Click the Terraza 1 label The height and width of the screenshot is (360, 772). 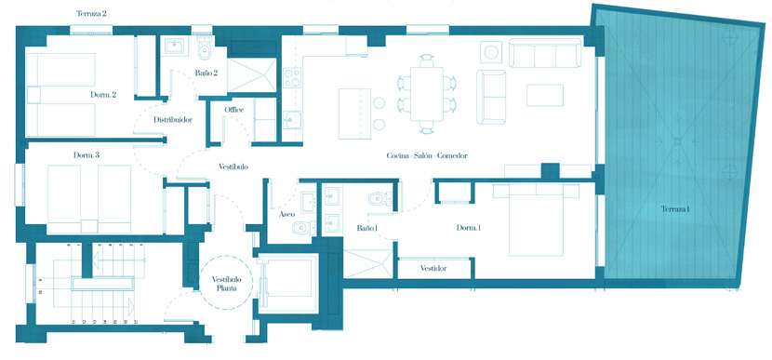coord(674,209)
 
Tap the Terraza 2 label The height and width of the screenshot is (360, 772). coord(91,14)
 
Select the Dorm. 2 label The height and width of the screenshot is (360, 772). coord(103,95)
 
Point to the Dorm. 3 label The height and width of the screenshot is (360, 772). coord(87,155)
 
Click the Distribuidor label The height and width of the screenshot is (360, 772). coord(173,120)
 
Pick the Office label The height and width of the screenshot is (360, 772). coord(233,110)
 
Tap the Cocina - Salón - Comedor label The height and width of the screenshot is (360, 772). coord(427,155)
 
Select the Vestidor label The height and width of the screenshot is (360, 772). coord(433,269)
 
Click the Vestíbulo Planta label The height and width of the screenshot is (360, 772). coord(225,284)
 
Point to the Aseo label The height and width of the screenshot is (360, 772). coord(287,215)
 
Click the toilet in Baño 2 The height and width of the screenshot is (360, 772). coord(204,46)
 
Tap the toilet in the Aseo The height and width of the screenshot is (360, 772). coord(302,228)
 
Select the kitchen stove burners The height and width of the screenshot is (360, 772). coord(292,78)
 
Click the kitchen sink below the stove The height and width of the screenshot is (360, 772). coord(292,120)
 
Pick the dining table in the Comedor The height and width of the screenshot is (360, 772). coord(427,94)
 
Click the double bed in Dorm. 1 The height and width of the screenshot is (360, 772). coord(536,220)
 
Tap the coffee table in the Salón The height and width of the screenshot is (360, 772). coord(544,95)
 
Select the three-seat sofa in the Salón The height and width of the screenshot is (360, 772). coord(545,53)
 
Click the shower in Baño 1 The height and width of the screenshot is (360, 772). coord(367,264)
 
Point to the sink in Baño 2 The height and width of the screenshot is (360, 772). coord(175,47)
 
